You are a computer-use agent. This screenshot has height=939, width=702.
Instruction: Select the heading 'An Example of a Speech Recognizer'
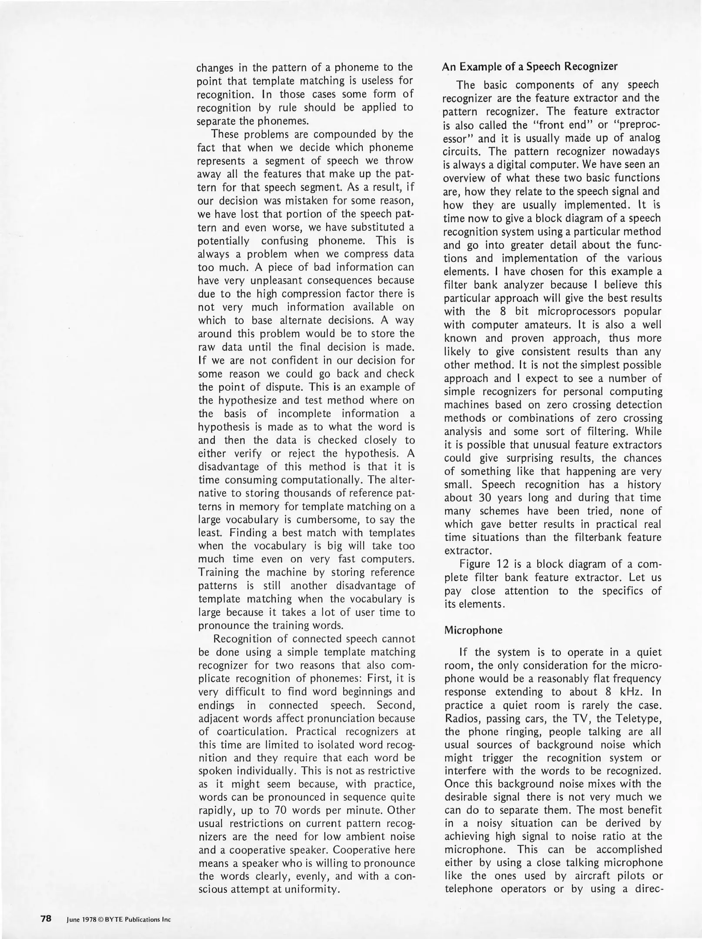point(530,67)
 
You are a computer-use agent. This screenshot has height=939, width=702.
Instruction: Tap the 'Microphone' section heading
point(473,630)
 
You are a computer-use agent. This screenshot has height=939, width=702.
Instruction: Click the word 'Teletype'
point(638,718)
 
